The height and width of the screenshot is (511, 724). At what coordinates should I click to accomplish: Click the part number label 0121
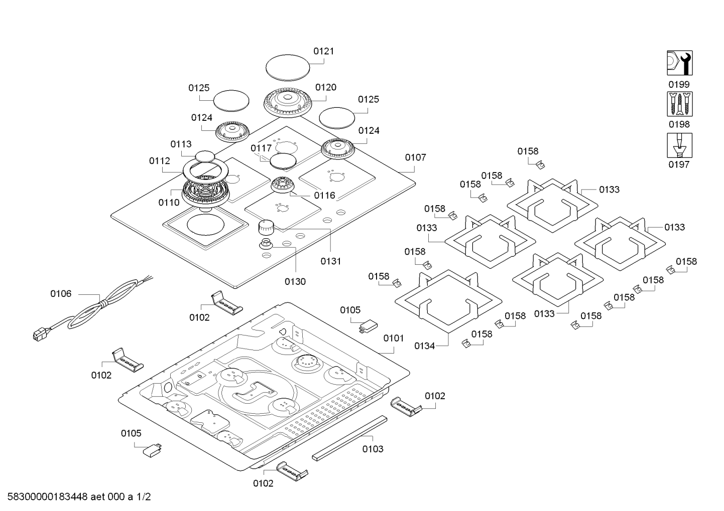pyautogui.click(x=323, y=51)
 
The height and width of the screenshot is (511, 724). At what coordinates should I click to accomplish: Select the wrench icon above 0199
pyautogui.click(x=679, y=63)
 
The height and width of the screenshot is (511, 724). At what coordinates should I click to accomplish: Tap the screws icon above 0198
pyautogui.click(x=679, y=104)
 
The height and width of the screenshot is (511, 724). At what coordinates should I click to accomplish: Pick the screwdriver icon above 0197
pyautogui.click(x=679, y=145)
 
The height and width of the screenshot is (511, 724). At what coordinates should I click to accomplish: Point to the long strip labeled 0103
pyautogui.click(x=350, y=437)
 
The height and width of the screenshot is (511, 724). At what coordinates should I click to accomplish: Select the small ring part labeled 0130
pyautogui.click(x=266, y=245)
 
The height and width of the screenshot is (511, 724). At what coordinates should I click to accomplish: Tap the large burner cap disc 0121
pyautogui.click(x=287, y=67)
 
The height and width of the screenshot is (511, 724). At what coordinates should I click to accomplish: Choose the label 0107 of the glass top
pyautogui.click(x=415, y=157)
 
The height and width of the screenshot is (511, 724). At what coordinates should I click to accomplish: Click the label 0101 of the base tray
pyautogui.click(x=394, y=338)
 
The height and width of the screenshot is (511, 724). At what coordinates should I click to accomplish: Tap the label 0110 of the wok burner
pyautogui.click(x=169, y=203)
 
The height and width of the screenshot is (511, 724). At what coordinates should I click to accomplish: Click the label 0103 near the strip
pyautogui.click(x=373, y=449)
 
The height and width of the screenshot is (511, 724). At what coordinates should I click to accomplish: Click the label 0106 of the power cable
pyautogui.click(x=61, y=294)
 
